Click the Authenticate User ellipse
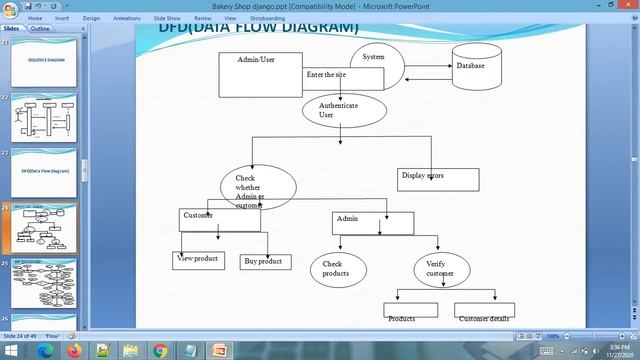(x=338, y=110)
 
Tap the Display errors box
(x=437, y=179)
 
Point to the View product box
(x=198, y=260)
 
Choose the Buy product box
(x=265, y=262)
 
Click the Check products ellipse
(x=338, y=269)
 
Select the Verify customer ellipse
(x=440, y=268)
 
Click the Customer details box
(x=484, y=314)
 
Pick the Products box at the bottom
(x=410, y=314)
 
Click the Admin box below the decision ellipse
(x=372, y=222)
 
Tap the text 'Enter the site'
(x=327, y=75)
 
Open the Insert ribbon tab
(x=62, y=18)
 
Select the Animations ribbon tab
(x=127, y=18)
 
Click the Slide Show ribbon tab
(x=167, y=18)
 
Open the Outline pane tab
(x=40, y=29)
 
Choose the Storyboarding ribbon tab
(x=268, y=18)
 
